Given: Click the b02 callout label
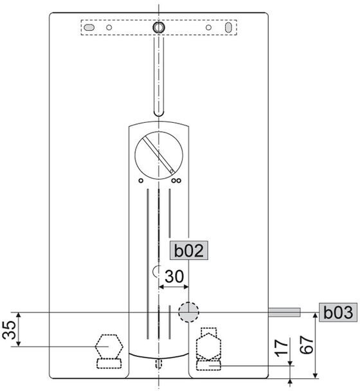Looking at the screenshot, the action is (x=189, y=250).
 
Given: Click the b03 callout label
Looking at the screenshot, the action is (x=338, y=312).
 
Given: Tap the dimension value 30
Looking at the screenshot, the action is (x=174, y=277).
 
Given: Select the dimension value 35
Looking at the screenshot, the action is (x=9, y=330).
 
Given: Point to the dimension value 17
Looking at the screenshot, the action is (x=281, y=348).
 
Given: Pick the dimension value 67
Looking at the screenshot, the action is (x=307, y=345).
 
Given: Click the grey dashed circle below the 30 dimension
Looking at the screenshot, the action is (x=188, y=312).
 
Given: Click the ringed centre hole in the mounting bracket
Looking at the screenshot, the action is (x=159, y=27).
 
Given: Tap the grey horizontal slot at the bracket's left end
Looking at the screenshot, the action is (x=89, y=28).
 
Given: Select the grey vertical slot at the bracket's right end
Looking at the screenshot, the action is (x=228, y=28).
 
